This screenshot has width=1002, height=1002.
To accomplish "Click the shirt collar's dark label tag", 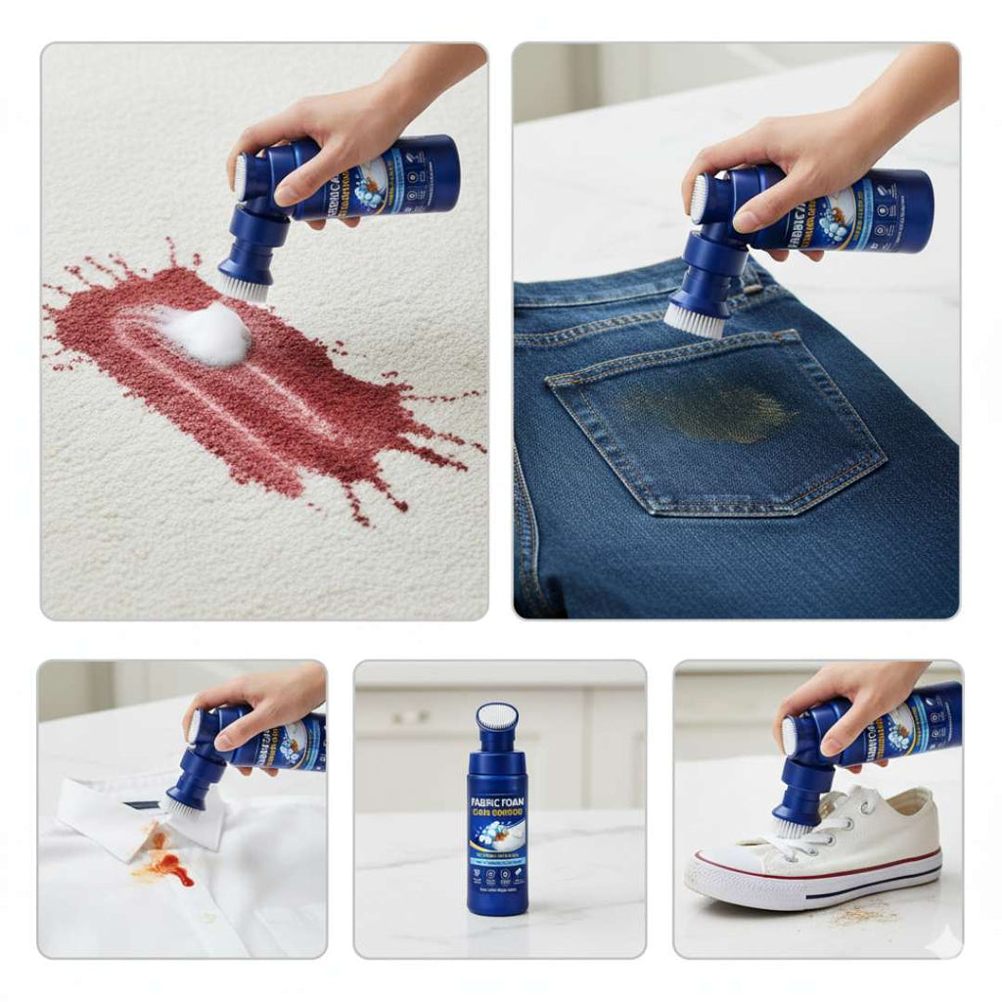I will (x=141, y=804).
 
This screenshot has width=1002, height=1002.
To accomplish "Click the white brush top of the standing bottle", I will (x=497, y=717).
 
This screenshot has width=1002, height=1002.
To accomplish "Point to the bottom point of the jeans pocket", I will (x=653, y=513).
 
